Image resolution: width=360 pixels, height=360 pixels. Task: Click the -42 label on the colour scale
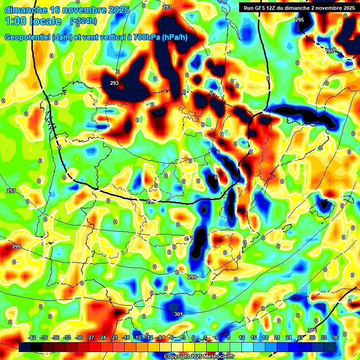(x=32, y=337)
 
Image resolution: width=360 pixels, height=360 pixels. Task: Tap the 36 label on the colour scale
(x=336, y=337)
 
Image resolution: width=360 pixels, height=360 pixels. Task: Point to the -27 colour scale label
(x=90, y=337)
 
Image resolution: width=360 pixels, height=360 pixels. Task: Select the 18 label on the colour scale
(x=265, y=337)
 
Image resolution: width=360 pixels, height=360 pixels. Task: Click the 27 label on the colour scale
(x=300, y=337)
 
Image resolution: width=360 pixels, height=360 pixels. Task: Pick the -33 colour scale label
(x=67, y=337)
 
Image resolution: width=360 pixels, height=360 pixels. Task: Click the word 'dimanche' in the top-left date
(x=26, y=9)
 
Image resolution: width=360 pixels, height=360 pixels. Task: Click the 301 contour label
(x=178, y=314)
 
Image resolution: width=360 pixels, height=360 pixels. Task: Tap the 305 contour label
(x=313, y=331)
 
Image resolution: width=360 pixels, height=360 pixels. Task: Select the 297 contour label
(x=11, y=191)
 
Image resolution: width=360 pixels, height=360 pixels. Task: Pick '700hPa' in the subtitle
(x=145, y=37)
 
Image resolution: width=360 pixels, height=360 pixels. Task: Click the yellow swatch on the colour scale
(x=189, y=347)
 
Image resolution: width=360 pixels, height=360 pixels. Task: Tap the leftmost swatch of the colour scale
(x=25, y=347)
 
